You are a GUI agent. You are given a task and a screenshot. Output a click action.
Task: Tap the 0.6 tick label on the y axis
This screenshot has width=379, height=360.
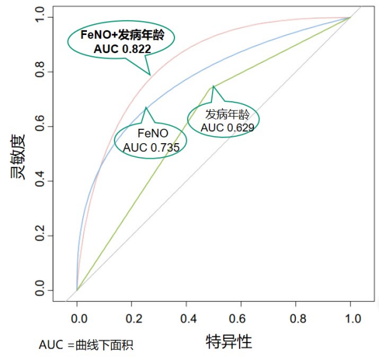click(x=41, y=127)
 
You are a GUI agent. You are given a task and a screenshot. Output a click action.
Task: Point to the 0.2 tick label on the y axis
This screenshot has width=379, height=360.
click(x=41, y=236)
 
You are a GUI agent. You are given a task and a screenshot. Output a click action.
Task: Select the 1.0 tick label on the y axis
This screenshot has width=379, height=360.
click(x=41, y=18)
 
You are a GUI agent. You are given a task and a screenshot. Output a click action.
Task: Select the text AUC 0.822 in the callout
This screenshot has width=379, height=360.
click(x=122, y=47)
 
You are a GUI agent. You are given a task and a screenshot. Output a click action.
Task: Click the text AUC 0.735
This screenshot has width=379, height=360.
click(x=151, y=147)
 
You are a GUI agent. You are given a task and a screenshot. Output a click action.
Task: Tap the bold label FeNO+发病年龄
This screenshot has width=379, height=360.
click(x=122, y=35)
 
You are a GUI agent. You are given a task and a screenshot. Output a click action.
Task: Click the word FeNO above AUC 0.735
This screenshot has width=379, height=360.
click(x=151, y=134)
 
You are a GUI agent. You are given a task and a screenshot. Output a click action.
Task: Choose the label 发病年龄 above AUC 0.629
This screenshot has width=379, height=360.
click(x=227, y=114)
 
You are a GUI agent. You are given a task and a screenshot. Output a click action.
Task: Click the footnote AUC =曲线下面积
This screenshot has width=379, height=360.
click(x=86, y=344)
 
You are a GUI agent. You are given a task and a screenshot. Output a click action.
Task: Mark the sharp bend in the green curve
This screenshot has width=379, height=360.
click(x=213, y=86)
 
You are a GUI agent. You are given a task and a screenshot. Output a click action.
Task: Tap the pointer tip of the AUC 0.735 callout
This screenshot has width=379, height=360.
click(x=146, y=107)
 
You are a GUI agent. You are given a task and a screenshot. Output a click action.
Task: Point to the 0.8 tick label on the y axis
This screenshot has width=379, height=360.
click(x=41, y=72)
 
